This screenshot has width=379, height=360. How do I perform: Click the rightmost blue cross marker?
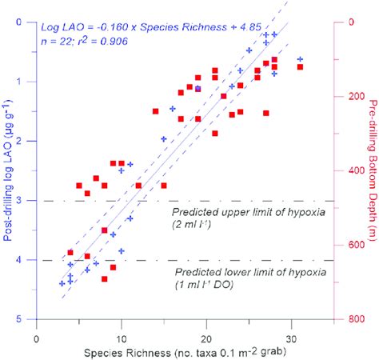[300, 59]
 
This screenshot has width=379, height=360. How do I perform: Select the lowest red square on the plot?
[105, 278]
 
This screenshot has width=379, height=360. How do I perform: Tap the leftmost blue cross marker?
[62, 283]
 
